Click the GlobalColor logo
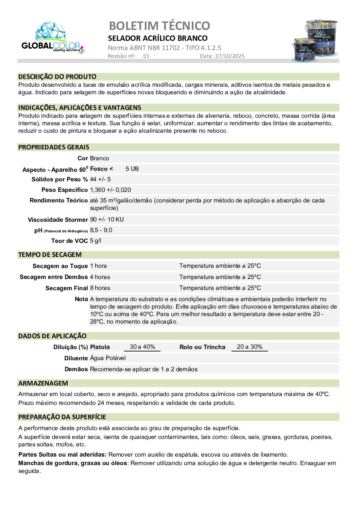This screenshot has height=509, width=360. [52, 38]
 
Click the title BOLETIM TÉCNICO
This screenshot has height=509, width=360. [159, 26]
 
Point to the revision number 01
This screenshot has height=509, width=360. [146, 56]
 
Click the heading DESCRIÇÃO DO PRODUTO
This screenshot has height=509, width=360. [57, 77]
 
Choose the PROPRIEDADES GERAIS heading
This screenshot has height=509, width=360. [54, 147]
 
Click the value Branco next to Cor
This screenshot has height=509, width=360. [99, 158]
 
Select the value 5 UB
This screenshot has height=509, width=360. [132, 169]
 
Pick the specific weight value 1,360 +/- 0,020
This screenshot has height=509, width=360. [110, 190]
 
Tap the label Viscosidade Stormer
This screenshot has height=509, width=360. [58, 220]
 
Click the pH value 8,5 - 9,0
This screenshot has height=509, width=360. [101, 230]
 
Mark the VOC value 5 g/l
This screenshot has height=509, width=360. [96, 241]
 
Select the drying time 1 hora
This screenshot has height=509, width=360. [98, 266]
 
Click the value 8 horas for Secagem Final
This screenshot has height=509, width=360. [100, 288]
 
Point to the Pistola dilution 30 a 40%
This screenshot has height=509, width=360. [142, 347]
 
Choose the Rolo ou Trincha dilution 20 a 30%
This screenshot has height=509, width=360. [250, 347]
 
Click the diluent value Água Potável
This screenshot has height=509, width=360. [108, 358]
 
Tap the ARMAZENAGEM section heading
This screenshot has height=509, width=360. [43, 383]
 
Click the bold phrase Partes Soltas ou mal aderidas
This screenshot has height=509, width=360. [62, 455]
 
